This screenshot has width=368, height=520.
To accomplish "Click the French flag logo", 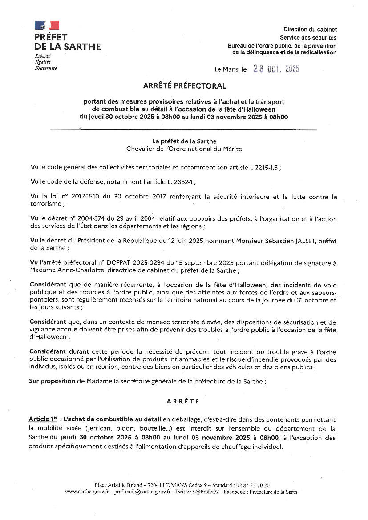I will click(47, 25).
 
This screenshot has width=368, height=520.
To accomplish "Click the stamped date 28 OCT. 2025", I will click(276, 69).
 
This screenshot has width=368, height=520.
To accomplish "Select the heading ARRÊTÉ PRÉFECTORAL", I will click(184, 86).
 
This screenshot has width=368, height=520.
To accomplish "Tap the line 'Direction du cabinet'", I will click(310, 29).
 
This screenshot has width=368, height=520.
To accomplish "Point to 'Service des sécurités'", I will click(308, 38).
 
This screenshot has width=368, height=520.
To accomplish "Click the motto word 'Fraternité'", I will click(46, 68).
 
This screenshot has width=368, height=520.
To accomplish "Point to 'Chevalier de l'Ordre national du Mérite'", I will click(184, 149).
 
